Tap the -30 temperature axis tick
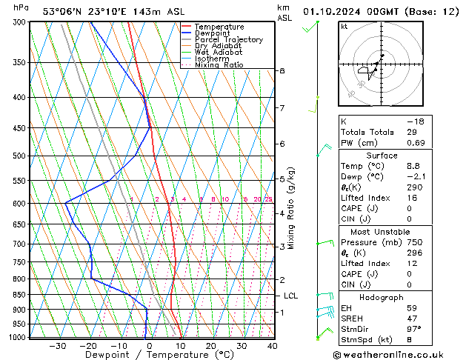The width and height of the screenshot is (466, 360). click(57, 345)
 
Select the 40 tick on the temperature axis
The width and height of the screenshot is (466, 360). click(272, 345)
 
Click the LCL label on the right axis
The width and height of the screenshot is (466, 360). click(291, 296)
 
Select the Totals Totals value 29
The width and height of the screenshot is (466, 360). click(412, 132)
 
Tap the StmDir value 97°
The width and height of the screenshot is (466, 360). click(414, 329)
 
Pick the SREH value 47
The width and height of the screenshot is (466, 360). click(412, 318)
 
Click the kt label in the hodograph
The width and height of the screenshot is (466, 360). click(344, 27)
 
